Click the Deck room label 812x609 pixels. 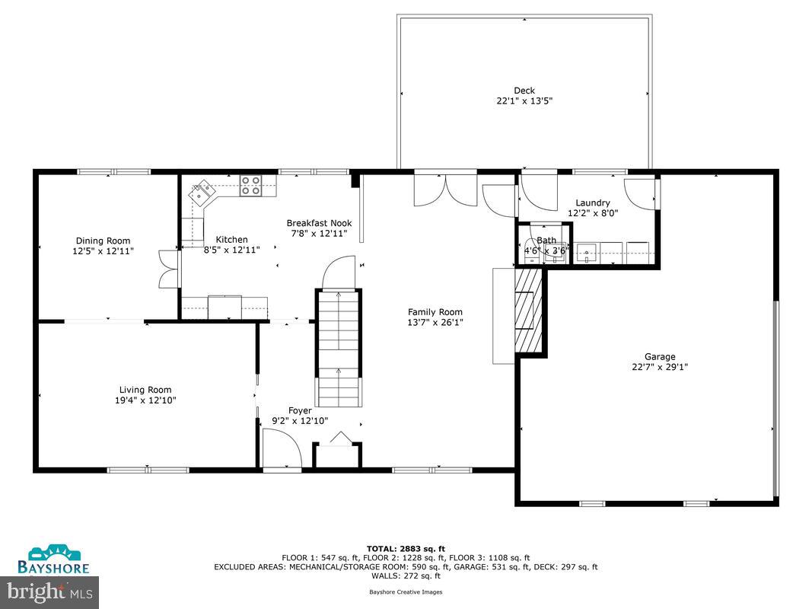pyautogui.click(x=524, y=91)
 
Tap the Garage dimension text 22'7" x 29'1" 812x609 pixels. pyautogui.click(x=660, y=367)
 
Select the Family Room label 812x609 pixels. pyautogui.click(x=435, y=311)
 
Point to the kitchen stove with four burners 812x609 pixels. pyautogui.click(x=251, y=185)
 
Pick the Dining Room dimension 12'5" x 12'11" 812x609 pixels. pyautogui.click(x=103, y=250)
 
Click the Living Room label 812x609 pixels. pyautogui.click(x=145, y=390)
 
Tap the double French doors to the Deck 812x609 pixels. pyautogui.click(x=444, y=190)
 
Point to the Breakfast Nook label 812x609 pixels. pyautogui.click(x=319, y=223)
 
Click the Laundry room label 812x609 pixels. pyautogui.click(x=592, y=202)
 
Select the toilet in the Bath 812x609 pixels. pyautogui.click(x=530, y=250)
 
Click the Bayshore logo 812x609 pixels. pyautogui.click(x=54, y=560)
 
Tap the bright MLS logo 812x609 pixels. pyautogui.click(x=50, y=589)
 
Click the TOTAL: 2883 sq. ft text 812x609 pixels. pyautogui.click(x=406, y=548)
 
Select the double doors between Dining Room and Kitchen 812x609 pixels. pyautogui.click(x=168, y=269)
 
